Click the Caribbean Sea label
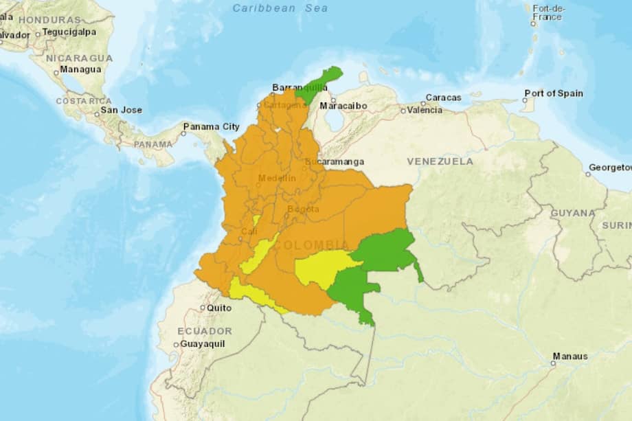(280, 8)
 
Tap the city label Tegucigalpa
(69, 32)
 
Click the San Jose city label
(121, 110)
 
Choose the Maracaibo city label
(343, 106)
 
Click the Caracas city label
(443, 98)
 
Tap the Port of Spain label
(553, 93)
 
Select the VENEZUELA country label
(440, 161)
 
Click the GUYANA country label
(572, 213)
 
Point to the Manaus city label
(569, 356)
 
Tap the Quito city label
(219, 308)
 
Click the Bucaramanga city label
(337, 162)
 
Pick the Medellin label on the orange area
(277, 179)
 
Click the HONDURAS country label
(50, 20)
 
